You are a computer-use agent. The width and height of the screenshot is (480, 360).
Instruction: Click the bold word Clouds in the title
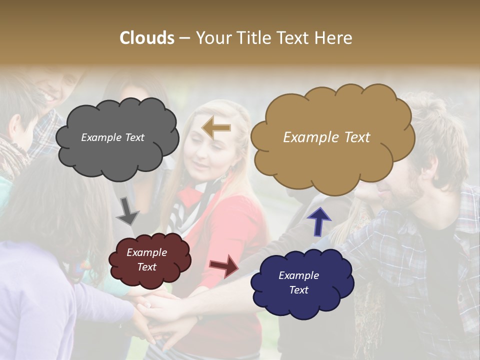[147, 38]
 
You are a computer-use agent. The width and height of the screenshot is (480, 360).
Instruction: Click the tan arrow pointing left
[216, 127]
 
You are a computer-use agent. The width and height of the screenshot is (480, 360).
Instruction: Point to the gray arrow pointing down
[127, 211]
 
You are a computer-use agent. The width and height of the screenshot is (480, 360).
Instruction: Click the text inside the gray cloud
[112, 137]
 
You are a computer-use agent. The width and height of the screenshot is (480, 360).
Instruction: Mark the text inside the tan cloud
[326, 137]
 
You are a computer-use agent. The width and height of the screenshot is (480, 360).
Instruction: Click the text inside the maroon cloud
[146, 259]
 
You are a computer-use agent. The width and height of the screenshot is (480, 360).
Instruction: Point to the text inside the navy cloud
[298, 282]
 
